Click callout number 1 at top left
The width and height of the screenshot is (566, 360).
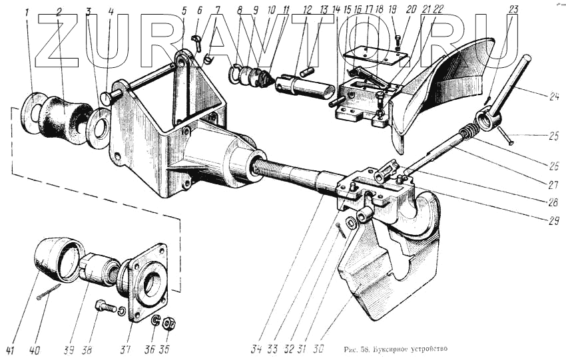(x=27, y=12)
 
